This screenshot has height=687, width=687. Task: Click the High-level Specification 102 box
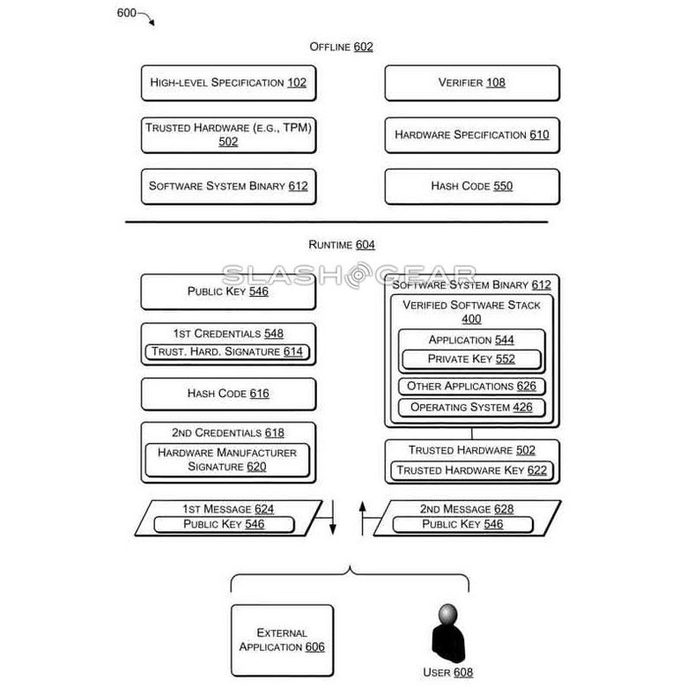tap(228, 84)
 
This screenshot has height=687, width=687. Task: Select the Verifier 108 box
tap(472, 84)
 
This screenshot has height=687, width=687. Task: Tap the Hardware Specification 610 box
tap(472, 135)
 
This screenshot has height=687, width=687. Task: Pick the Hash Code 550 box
tap(472, 187)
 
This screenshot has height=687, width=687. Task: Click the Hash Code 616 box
tap(228, 394)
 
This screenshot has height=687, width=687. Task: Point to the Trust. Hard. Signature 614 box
tap(227, 351)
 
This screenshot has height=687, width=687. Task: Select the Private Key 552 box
tap(471, 359)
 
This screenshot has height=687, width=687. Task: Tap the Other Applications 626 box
tap(471, 387)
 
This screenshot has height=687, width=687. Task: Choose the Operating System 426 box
tap(471, 408)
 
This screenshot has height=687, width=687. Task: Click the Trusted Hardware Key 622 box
tap(472, 470)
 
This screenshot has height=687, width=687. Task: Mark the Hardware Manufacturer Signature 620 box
tap(227, 460)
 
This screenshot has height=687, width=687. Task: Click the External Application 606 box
tap(282, 640)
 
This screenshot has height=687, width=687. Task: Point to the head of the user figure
tap(448, 614)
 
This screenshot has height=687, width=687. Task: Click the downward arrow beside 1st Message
tap(333, 517)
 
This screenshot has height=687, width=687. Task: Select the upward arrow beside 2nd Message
tap(362, 518)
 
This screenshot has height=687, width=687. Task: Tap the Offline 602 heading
tap(342, 47)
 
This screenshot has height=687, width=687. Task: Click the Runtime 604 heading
tap(342, 245)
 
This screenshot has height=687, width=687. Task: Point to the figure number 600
tap(127, 13)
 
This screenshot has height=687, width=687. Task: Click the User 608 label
tap(447, 673)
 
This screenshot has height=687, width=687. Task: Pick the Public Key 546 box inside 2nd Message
tap(462, 524)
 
